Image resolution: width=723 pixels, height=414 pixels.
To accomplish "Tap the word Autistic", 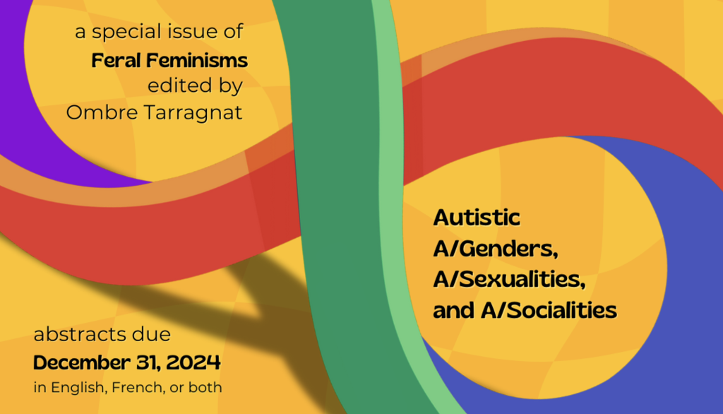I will click(477, 218).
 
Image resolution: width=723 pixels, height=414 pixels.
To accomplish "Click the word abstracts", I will click(83, 333).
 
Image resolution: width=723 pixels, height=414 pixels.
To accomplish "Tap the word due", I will click(154, 333).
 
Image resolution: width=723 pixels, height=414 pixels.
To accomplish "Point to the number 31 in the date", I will click(147, 363).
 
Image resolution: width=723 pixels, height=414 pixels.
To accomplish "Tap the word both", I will click(208, 387).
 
